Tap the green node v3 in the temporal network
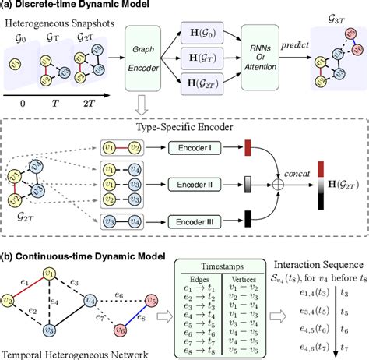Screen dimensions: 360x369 tap(49, 330)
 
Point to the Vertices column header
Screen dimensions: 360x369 tap(245, 277)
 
